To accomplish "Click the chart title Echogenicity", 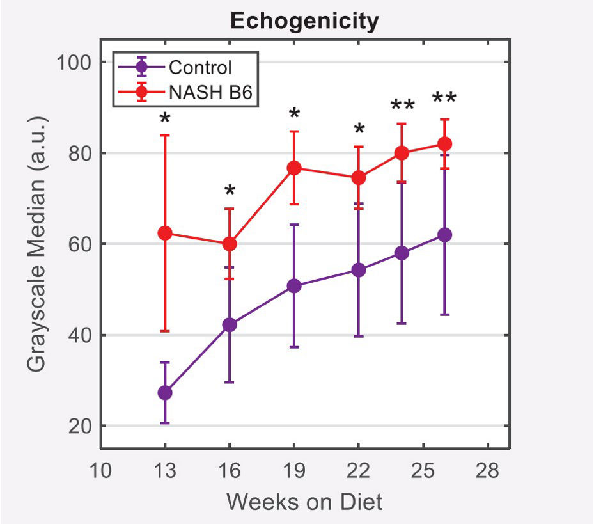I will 304,21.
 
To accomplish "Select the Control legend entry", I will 199,67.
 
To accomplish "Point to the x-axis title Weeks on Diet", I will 304,501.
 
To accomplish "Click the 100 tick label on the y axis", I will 72,63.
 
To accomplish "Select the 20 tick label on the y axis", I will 78,426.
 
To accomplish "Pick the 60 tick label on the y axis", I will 78,244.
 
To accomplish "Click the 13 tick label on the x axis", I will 165,472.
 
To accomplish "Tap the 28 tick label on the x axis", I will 487,472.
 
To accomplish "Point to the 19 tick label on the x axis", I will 294,472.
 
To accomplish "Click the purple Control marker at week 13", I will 165,393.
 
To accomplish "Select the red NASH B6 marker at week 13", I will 165,233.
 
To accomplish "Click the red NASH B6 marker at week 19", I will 294,168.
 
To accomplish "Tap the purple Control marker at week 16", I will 230,325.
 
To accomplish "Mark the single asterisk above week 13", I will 165,119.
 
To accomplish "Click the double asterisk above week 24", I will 402,105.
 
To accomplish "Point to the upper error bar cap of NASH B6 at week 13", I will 165,135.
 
